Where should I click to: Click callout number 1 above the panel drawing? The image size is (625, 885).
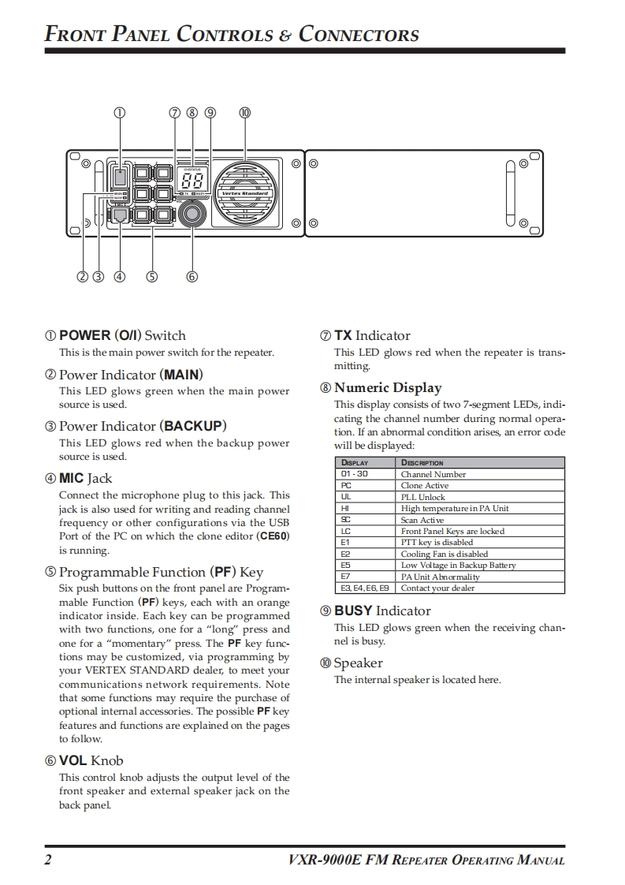click(x=120, y=112)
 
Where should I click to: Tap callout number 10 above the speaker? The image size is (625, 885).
click(x=244, y=112)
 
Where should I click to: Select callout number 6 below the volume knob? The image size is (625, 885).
click(x=192, y=277)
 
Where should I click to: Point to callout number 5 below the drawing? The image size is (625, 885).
click(x=151, y=277)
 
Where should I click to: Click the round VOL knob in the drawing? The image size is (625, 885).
click(x=192, y=214)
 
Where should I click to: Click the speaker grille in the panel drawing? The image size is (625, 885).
click(x=245, y=192)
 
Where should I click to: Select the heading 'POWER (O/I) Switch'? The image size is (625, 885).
click(x=122, y=335)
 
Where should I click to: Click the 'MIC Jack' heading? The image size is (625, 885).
click(x=85, y=478)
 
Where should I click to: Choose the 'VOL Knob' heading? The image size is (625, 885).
click(x=91, y=760)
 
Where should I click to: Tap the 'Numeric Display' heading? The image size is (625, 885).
click(x=387, y=387)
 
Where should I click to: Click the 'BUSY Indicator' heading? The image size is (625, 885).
click(x=382, y=611)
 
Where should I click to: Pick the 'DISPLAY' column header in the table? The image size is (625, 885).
click(x=355, y=463)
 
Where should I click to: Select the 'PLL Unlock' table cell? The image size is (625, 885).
click(x=423, y=497)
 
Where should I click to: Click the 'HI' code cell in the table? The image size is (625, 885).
click(x=345, y=509)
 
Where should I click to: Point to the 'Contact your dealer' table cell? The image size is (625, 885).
click(x=437, y=588)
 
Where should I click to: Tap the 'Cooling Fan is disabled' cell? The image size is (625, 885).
click(x=445, y=554)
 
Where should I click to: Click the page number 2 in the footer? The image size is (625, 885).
click(x=48, y=860)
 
